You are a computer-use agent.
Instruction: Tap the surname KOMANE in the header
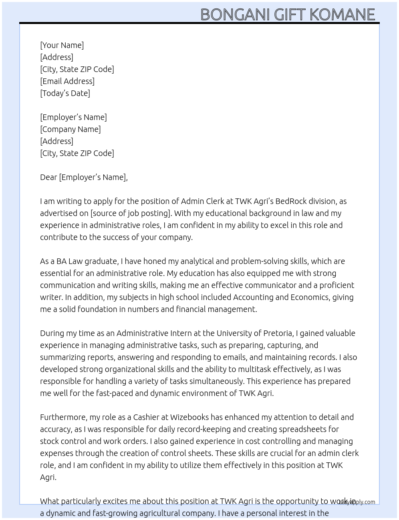[x=343, y=15]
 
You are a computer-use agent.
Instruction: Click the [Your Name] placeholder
[x=62, y=45]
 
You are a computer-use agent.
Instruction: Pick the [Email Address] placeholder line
[x=67, y=81]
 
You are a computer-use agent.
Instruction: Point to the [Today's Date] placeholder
[x=65, y=93]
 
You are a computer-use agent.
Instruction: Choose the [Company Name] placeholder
[x=71, y=129]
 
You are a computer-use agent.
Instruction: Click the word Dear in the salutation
[x=48, y=177]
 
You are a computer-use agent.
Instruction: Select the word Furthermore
[x=64, y=417]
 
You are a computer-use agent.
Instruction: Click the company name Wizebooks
[x=189, y=417]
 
